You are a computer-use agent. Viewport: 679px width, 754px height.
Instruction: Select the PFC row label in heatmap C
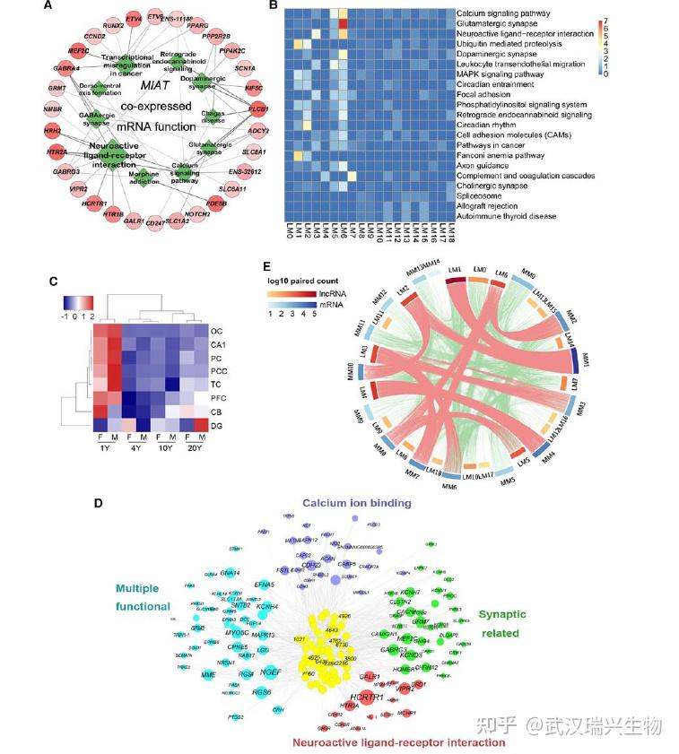(x=218, y=396)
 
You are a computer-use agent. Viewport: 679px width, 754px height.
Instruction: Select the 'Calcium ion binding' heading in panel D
(x=356, y=503)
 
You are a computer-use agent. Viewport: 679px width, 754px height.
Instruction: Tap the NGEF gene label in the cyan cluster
(x=270, y=671)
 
